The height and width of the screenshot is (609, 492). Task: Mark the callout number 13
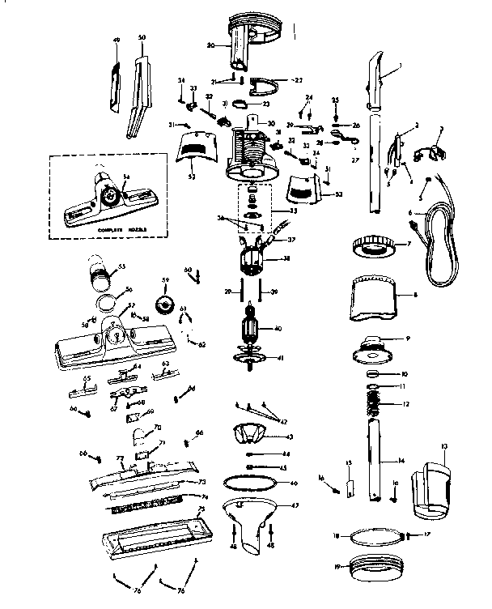443,446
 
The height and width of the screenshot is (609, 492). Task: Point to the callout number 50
142,38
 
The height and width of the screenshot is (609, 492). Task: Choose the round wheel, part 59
166,306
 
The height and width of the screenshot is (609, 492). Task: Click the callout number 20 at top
209,46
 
